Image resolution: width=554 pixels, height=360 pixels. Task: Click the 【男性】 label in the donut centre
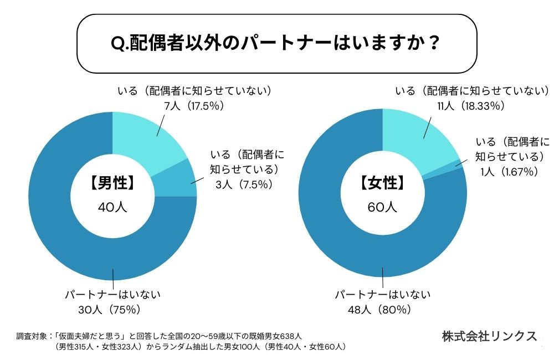112,184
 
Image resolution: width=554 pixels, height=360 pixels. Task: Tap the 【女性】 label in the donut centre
382,184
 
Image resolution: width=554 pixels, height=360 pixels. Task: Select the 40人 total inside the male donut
112,207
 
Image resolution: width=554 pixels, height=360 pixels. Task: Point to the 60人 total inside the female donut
382,207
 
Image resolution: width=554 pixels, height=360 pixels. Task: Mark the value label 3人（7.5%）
244,184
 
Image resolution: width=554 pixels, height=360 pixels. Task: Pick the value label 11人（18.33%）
471,105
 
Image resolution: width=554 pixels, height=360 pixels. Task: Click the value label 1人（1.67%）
510,172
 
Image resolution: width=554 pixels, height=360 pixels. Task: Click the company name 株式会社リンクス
489,336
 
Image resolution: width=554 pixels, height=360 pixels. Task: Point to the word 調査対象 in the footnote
33,336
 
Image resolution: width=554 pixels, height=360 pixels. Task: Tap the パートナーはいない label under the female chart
382,294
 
